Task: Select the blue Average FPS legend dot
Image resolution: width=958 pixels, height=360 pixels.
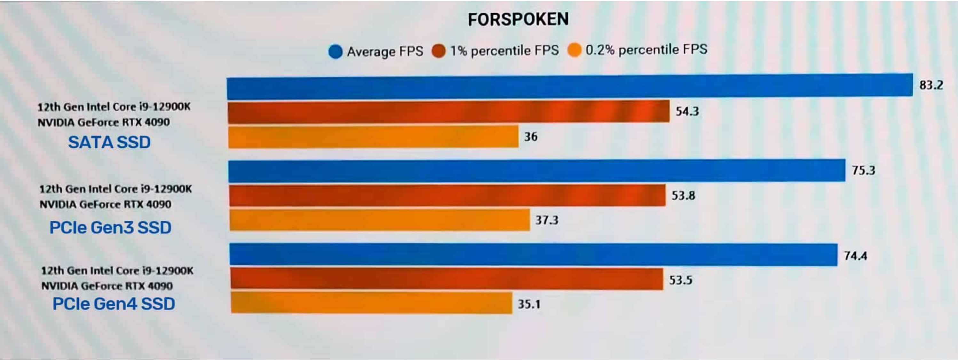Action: pos(336,52)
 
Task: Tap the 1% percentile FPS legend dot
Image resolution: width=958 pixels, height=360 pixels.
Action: pos(439,51)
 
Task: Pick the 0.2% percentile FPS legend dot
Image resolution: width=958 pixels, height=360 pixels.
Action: pos(574,50)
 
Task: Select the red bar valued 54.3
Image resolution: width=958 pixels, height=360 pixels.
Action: pos(448,112)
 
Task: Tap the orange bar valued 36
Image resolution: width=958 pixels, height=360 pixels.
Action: pos(373,137)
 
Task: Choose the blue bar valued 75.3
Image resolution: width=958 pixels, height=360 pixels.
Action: pos(536,171)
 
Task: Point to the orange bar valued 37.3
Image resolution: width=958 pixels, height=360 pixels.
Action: pos(379,220)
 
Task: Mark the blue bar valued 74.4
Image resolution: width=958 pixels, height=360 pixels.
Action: pos(533,255)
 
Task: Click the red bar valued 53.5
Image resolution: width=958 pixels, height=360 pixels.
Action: pos(446,279)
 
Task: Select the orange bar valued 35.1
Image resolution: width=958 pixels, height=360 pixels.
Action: pos(371,303)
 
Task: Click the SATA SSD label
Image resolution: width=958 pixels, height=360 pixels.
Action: pos(109,143)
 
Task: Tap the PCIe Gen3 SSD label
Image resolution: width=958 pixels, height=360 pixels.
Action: pos(110,228)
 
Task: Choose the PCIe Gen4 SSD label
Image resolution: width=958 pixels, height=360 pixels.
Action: pos(114,304)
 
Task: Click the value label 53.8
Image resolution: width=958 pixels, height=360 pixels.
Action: pos(683,196)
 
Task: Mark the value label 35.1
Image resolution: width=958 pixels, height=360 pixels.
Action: pos(529,304)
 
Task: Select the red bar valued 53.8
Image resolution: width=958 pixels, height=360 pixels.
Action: pos(447,196)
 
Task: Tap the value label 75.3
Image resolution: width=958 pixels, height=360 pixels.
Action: pos(863,171)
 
